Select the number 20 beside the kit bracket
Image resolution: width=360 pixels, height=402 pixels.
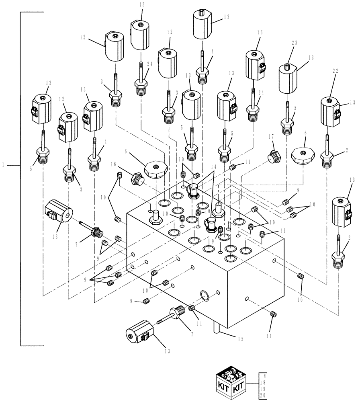click(262, 395)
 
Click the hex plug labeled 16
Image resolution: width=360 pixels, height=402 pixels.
click(137, 180)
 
